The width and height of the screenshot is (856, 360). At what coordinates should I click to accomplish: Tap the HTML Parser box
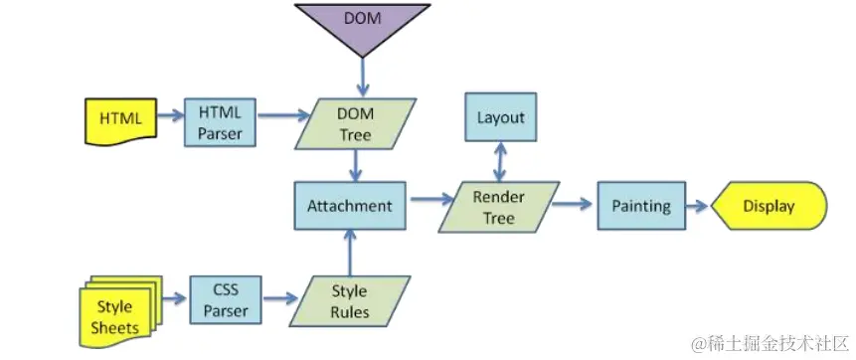point(221,124)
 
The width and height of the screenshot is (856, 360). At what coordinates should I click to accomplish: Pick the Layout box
point(500,117)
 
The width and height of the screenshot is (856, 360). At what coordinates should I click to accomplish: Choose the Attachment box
point(349,207)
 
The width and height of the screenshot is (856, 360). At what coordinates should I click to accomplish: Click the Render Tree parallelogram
point(499,207)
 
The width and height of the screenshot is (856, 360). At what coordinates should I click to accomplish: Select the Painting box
point(640,207)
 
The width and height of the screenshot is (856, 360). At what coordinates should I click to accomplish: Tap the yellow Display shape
point(770,207)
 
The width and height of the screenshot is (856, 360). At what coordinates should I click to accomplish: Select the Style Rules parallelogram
point(349,300)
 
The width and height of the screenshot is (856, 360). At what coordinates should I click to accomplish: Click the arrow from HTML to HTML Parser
point(169,118)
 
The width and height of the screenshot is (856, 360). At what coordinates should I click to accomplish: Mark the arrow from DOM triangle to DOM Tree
point(362,78)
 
